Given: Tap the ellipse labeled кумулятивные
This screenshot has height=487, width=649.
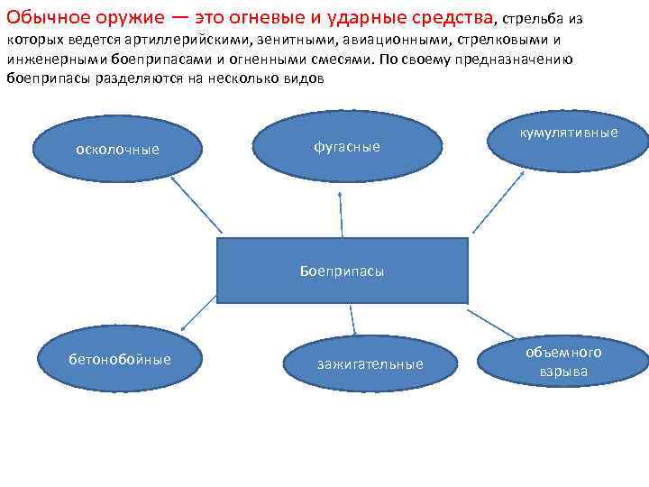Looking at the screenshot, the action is (x=569, y=133).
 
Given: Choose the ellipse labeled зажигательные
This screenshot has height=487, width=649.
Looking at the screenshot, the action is (x=370, y=364).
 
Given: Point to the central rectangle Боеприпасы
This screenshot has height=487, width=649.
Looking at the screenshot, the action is (x=343, y=271).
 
